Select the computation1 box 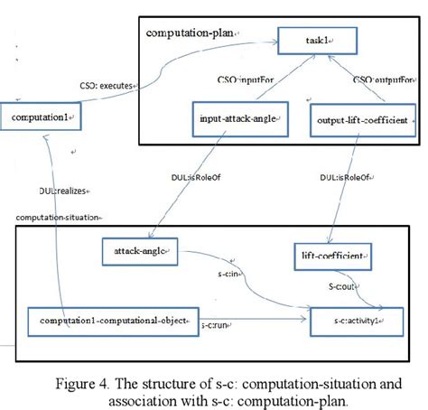42,117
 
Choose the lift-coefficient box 331,257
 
